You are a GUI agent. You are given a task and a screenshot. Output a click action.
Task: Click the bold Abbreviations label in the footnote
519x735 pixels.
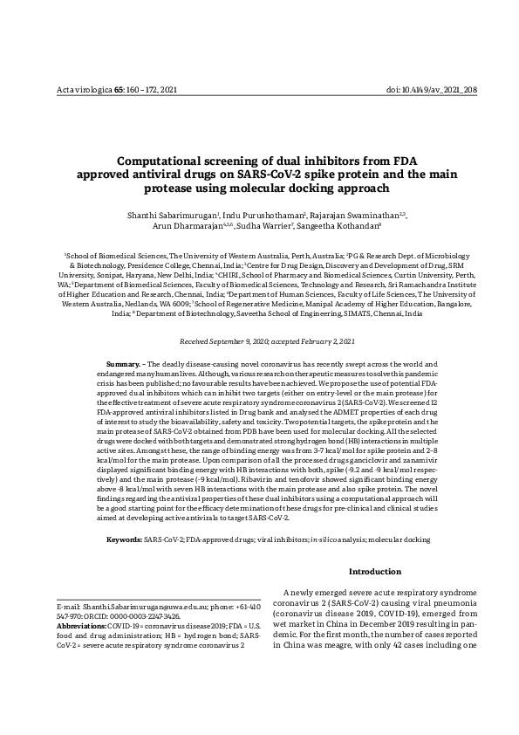point(82,627)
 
